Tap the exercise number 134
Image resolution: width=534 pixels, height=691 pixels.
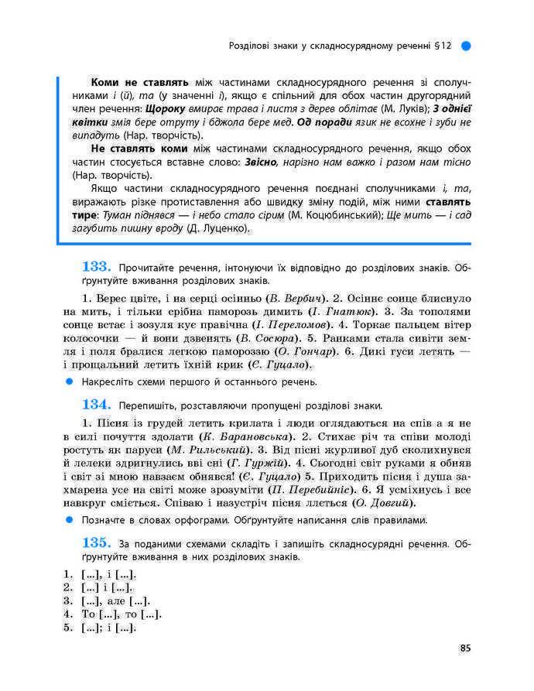(98, 404)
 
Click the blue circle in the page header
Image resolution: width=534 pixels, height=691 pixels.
(466, 46)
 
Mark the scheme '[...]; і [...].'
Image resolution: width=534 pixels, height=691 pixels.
(108, 628)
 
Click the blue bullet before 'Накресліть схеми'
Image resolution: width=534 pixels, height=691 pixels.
(69, 381)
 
